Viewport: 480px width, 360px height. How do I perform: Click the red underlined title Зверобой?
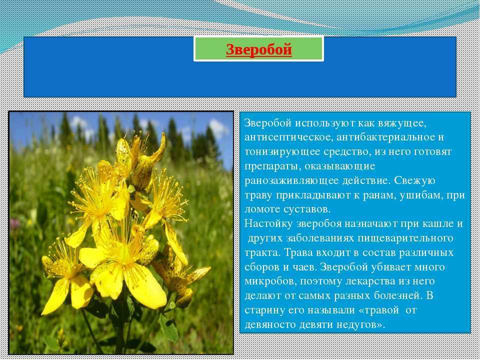coord(259,49)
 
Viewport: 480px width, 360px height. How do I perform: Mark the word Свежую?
coord(414,180)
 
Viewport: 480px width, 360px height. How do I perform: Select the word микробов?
coord(270,281)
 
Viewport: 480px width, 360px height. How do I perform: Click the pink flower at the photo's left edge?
coord(14,223)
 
